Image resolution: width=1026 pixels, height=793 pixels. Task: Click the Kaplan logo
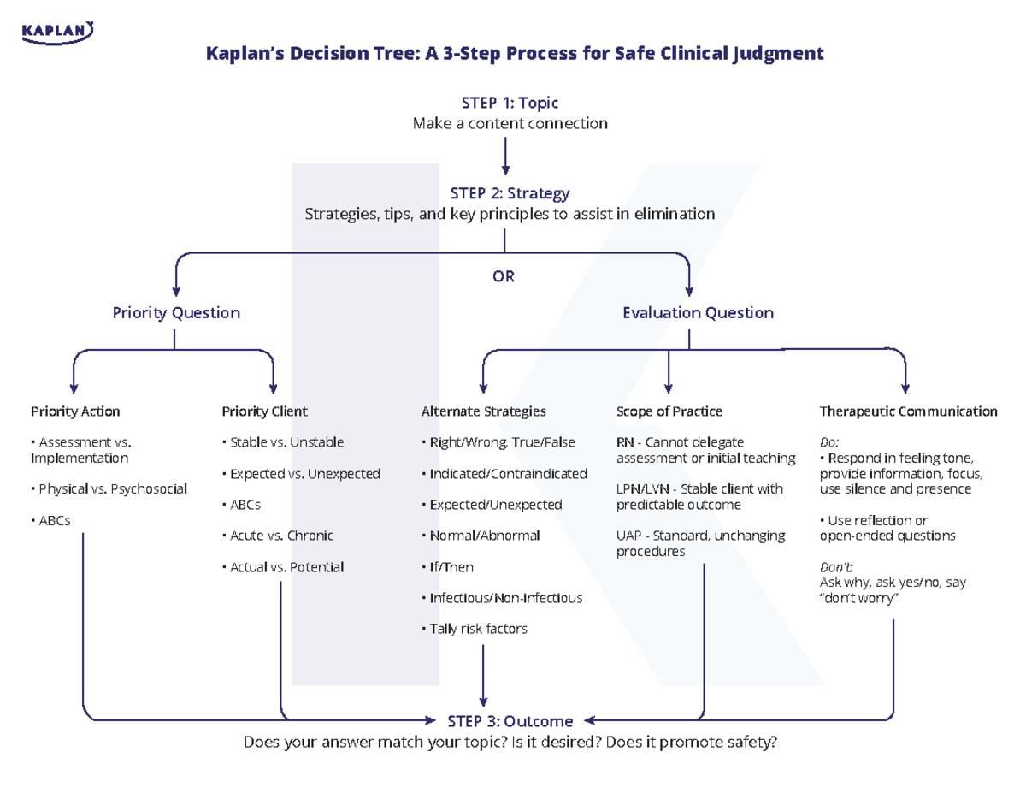(58, 32)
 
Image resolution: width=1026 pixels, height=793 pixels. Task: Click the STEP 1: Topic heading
(510, 103)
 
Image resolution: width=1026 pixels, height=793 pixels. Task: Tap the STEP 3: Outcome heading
(510, 721)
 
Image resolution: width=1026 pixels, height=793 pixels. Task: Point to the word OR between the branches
(504, 277)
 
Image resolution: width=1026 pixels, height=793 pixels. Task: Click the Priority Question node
(176, 312)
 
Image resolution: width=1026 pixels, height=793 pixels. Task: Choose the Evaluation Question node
(698, 312)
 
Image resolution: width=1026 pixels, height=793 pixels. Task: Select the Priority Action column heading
(75, 411)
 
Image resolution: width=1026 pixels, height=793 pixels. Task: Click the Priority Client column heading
(264, 411)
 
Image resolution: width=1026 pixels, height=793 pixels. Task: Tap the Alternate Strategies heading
(484, 411)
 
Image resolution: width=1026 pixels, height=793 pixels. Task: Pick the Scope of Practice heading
(669, 411)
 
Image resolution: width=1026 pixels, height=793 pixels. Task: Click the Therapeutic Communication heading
(908, 411)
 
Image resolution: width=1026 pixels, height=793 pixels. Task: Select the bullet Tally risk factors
(477, 629)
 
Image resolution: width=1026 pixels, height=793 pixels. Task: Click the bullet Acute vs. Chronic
(280, 536)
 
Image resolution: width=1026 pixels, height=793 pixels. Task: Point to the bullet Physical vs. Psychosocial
(110, 488)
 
